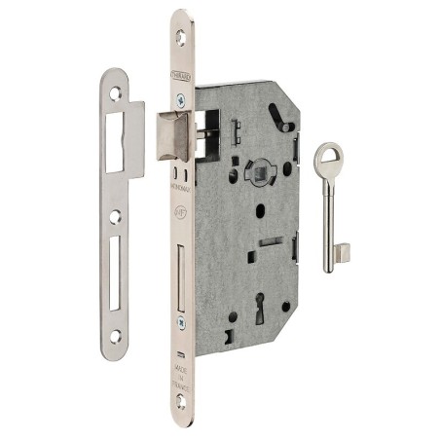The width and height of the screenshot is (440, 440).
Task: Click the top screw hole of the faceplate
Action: (x=182, y=36)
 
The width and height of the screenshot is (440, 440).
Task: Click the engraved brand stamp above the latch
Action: (x=182, y=72)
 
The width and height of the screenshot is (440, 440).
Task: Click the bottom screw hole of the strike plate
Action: (x=115, y=336)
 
